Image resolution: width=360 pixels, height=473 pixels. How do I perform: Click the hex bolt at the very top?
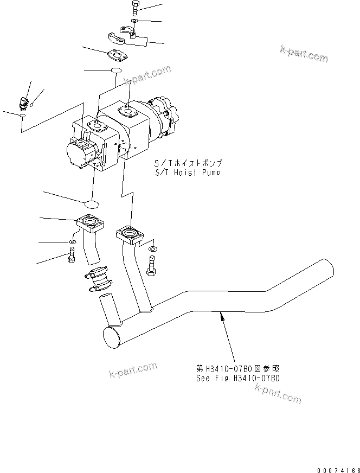pos(135,9)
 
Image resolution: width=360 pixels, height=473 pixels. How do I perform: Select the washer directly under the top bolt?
pos(134,22)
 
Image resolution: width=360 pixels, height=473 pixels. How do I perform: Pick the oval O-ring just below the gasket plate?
pos(116,71)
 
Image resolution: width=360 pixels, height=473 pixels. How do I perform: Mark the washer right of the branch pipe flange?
pos(153,248)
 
